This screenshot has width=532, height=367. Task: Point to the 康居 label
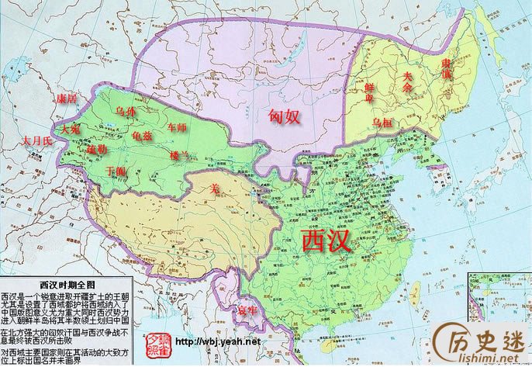point(67,99)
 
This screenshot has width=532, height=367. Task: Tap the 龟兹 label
point(143,136)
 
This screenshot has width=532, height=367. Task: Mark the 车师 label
point(178,126)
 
